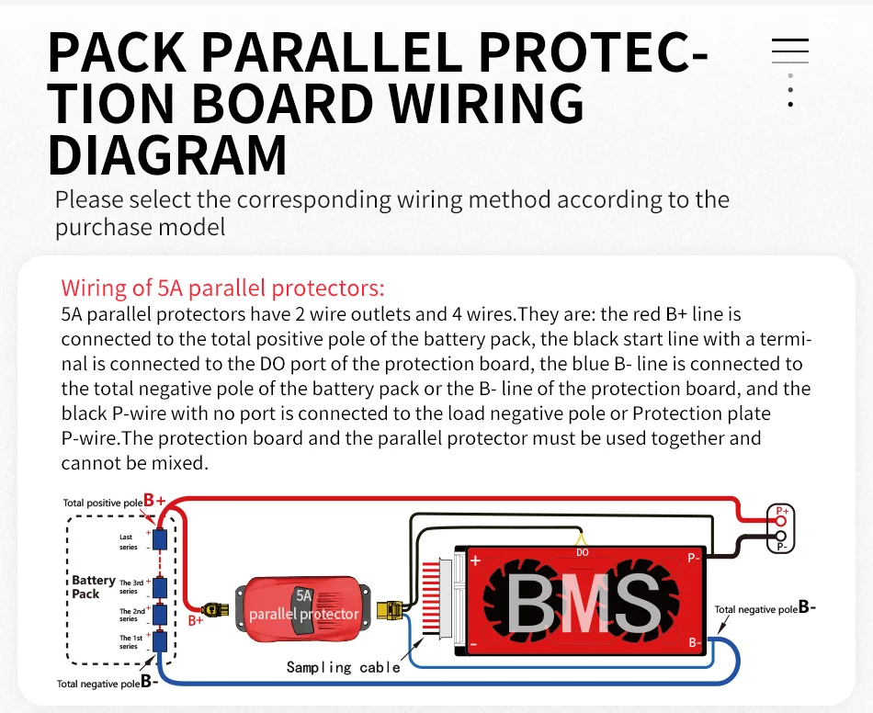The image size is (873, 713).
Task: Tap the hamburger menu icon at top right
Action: point(789,51)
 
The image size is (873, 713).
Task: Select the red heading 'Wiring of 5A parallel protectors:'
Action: point(222,288)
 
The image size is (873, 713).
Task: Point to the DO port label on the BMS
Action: point(582,553)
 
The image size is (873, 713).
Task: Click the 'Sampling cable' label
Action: point(343,667)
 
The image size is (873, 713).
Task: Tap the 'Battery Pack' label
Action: point(93,586)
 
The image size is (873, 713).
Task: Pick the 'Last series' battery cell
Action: point(159,539)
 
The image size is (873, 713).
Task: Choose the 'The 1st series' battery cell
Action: point(159,641)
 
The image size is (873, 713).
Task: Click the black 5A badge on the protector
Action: point(304,595)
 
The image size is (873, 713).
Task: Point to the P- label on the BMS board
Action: point(694,558)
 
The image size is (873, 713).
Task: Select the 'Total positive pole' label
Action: point(103,503)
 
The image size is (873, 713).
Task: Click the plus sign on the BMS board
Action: point(475,560)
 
